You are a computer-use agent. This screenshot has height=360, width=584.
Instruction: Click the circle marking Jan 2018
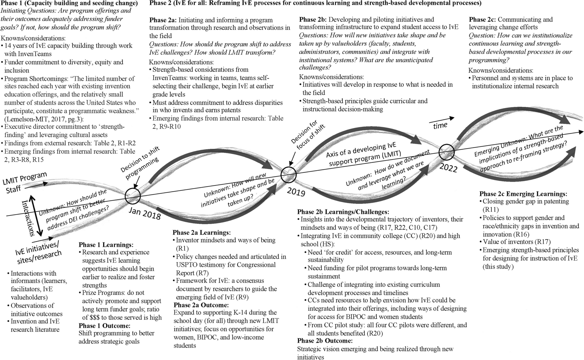(x=133, y=196)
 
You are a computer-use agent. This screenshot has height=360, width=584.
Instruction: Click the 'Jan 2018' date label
(x=144, y=213)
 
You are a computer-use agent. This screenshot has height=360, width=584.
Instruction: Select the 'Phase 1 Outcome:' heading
(x=104, y=326)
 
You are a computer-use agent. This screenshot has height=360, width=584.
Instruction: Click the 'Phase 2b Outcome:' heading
(x=325, y=341)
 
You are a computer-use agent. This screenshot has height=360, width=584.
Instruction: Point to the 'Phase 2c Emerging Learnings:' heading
(x=523, y=193)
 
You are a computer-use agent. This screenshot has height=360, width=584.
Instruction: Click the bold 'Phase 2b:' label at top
(x=313, y=20)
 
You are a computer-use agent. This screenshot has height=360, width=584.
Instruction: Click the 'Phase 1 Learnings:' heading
(x=106, y=245)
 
